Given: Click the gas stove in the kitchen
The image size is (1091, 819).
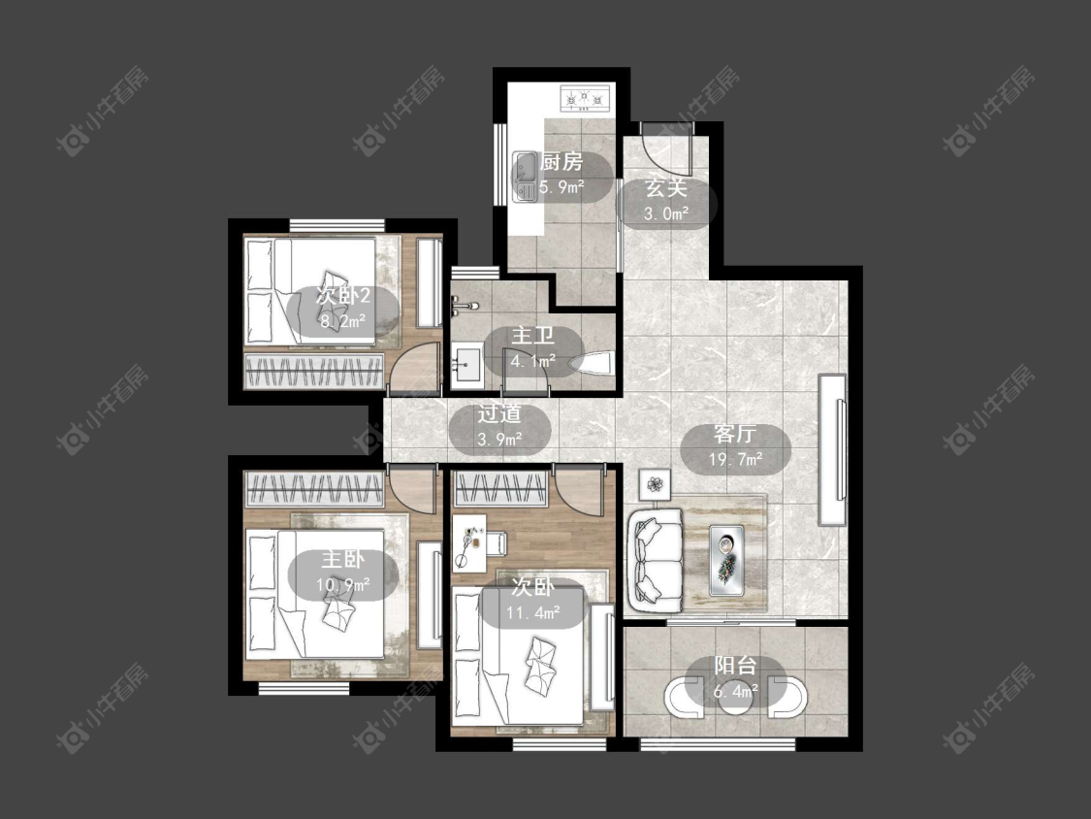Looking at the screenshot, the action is (x=585, y=99).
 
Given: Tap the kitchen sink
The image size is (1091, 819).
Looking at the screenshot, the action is (x=525, y=178).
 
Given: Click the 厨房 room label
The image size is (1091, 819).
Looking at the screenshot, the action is (x=562, y=162).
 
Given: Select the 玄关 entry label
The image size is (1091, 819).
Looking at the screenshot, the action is (x=666, y=188).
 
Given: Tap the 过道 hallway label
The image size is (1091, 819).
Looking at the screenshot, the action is (x=498, y=414).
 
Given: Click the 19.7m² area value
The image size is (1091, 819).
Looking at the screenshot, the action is (x=735, y=459).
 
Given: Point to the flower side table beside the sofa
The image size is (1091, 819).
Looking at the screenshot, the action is (x=655, y=484).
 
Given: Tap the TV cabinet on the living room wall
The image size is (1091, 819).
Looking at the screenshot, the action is (x=833, y=450).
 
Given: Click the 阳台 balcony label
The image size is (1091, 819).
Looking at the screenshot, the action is (x=735, y=666).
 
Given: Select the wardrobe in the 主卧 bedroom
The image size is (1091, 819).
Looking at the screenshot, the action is (x=314, y=490).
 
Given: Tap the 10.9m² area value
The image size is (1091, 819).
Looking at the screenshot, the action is (x=343, y=584).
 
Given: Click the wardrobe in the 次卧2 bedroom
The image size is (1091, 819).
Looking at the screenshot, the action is (x=314, y=371).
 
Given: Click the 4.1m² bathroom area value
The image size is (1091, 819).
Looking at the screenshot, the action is (x=533, y=361).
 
